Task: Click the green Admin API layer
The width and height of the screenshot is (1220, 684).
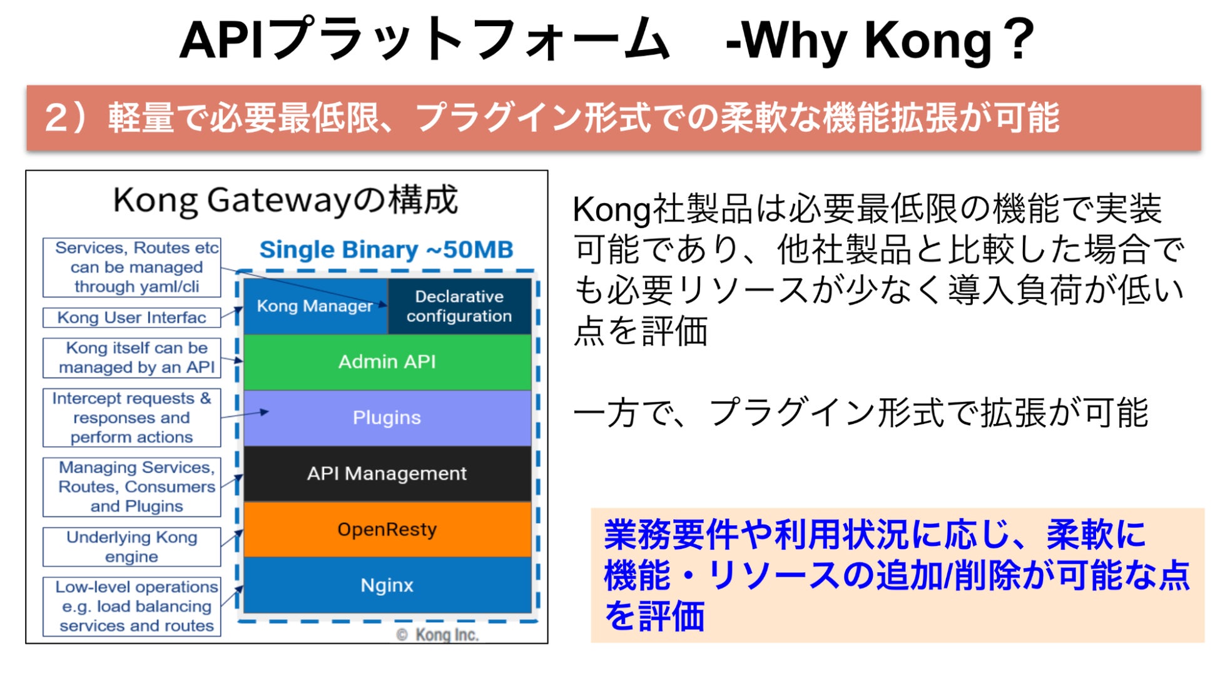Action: tap(387, 362)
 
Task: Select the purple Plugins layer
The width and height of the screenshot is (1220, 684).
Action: tap(387, 418)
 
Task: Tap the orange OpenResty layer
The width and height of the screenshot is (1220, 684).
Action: tap(387, 530)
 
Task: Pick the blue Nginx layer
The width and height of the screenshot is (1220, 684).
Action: tap(387, 585)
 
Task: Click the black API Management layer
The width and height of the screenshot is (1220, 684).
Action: tap(387, 473)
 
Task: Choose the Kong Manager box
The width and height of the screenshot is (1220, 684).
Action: tap(315, 306)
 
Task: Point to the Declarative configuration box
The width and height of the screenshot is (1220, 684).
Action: tap(459, 306)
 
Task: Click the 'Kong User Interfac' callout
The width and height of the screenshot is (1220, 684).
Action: tap(132, 318)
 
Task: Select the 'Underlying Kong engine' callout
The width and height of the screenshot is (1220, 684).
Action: tap(132, 547)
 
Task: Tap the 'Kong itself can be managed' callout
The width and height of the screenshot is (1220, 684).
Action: tap(132, 358)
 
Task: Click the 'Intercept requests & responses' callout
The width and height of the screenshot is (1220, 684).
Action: tap(132, 418)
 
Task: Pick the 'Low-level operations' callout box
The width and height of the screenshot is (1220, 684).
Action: tap(132, 606)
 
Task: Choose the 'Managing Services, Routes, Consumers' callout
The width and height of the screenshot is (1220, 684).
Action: tap(132, 487)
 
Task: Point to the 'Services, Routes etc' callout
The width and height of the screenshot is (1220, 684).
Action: tap(132, 267)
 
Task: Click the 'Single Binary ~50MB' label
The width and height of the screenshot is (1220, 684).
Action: tap(386, 249)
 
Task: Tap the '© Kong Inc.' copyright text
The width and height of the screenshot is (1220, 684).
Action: tap(437, 635)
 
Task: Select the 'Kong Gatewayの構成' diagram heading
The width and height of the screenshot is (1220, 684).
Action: tap(286, 201)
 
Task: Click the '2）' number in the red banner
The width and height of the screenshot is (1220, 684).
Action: tap(66, 118)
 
